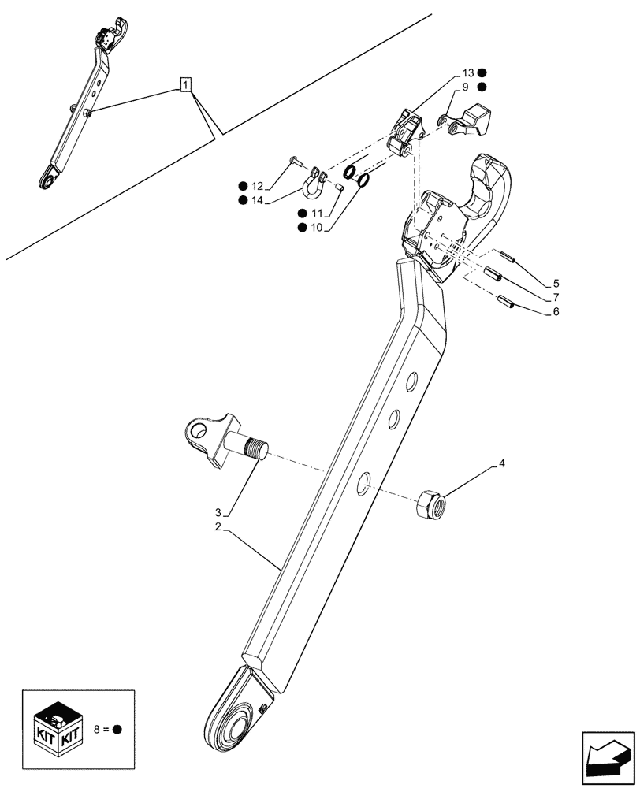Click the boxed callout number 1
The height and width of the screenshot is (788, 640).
click(x=184, y=84)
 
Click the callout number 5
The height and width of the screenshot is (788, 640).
click(x=556, y=283)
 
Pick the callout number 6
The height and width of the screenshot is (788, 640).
click(x=556, y=312)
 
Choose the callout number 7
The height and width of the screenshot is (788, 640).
click(x=556, y=298)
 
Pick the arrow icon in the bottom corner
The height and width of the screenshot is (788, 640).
click(x=606, y=758)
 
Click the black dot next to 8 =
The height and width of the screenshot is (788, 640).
click(x=117, y=729)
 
